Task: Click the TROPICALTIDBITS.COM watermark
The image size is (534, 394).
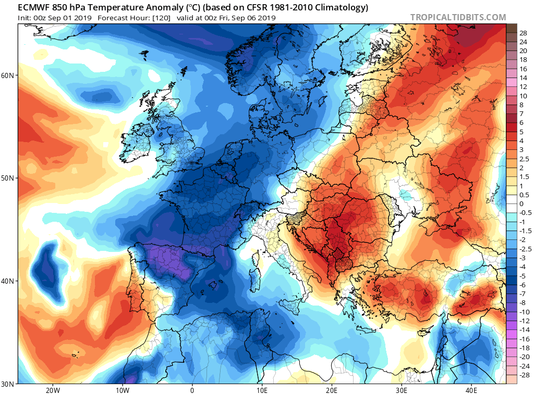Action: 458,17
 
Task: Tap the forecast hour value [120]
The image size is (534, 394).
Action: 162,18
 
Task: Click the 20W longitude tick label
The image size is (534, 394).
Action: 53,390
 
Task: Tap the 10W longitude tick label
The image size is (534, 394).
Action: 123,390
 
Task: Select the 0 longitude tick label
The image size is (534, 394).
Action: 192,390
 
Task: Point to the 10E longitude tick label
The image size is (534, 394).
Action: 262,390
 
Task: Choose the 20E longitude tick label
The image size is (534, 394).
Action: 332,390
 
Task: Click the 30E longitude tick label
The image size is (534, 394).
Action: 402,390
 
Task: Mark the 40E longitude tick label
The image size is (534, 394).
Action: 471,390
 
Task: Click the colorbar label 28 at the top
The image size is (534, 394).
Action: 524,33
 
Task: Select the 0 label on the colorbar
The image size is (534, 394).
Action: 521,204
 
